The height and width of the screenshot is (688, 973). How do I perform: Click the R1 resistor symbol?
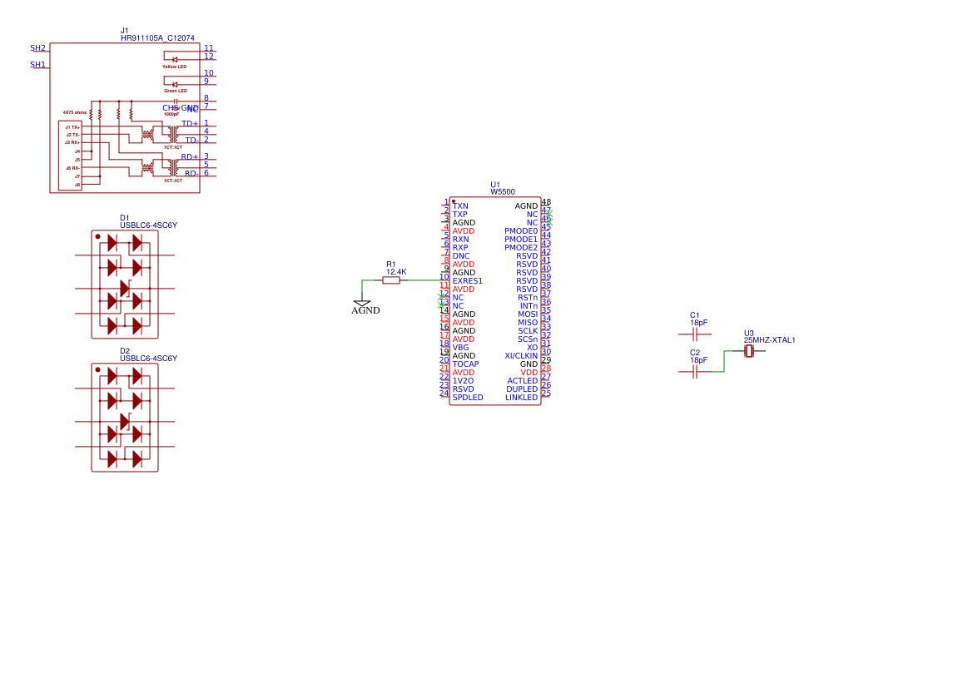click(391, 280)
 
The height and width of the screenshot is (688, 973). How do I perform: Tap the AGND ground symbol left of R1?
click(362, 304)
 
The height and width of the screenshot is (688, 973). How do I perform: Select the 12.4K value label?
click(396, 272)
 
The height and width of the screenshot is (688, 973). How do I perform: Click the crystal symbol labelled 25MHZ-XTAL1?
click(749, 352)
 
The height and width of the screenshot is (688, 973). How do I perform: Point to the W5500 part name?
click(503, 192)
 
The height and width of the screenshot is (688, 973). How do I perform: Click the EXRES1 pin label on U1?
click(467, 281)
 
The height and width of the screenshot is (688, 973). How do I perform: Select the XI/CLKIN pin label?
click(521, 356)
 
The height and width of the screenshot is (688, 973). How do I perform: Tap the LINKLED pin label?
click(521, 398)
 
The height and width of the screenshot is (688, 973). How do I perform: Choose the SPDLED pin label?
click(467, 398)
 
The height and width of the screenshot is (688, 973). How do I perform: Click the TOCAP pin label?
click(465, 364)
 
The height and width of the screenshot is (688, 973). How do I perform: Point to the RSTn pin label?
click(528, 298)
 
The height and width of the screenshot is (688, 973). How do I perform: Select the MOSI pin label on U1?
click(528, 314)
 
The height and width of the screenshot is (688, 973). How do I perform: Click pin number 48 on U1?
click(546, 202)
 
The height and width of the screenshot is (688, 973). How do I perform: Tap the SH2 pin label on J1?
click(38, 48)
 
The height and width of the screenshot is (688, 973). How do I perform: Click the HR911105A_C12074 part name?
click(157, 38)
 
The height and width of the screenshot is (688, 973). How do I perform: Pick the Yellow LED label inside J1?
click(174, 67)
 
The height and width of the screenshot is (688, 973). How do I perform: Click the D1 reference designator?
click(125, 218)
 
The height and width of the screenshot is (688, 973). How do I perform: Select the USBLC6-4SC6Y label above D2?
click(148, 359)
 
